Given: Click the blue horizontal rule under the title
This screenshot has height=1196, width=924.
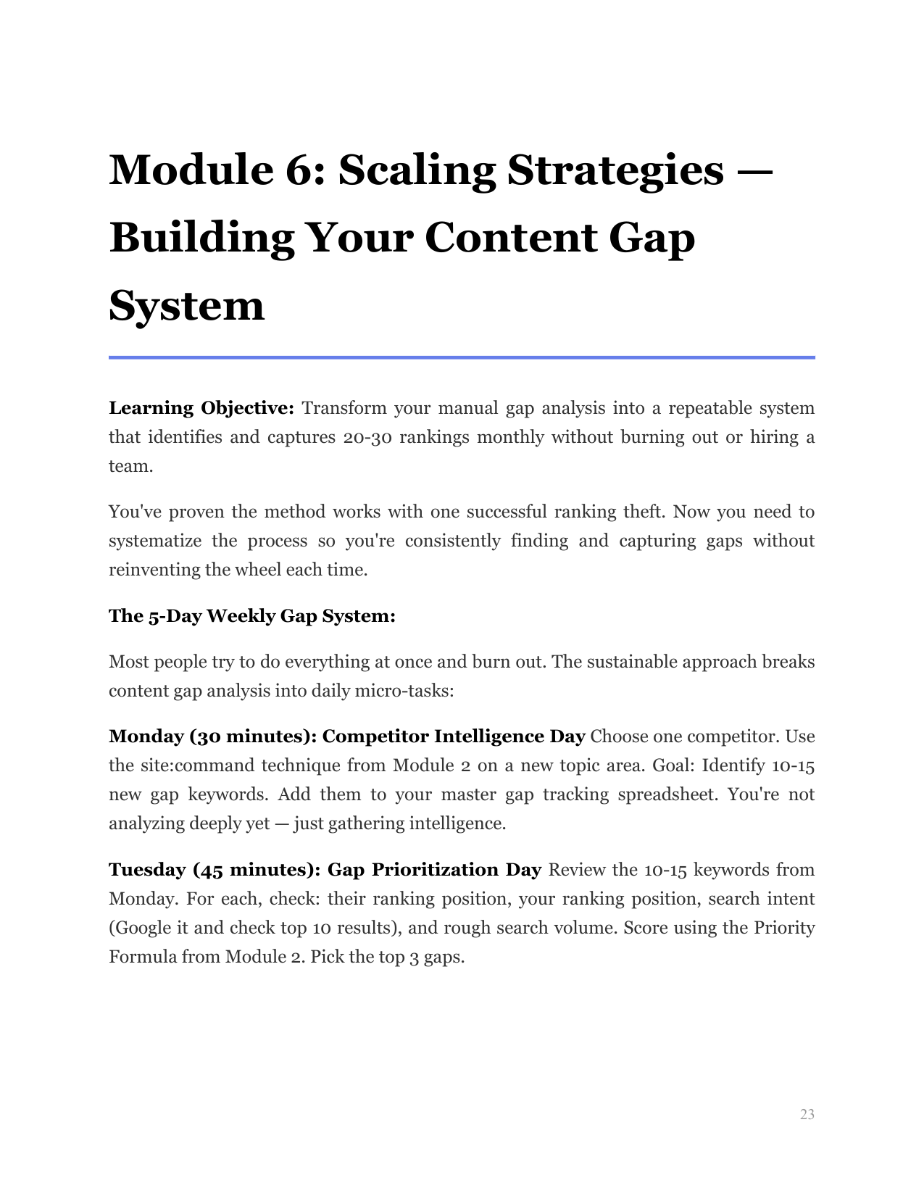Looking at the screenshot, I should (x=462, y=357).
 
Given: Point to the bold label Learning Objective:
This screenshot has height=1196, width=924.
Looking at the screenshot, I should (x=201, y=408).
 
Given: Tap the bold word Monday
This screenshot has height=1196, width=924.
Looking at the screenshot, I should (x=146, y=736).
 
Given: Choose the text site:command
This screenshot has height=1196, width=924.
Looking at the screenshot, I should (x=193, y=765).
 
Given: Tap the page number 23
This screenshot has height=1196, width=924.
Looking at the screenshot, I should (x=807, y=1115).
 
